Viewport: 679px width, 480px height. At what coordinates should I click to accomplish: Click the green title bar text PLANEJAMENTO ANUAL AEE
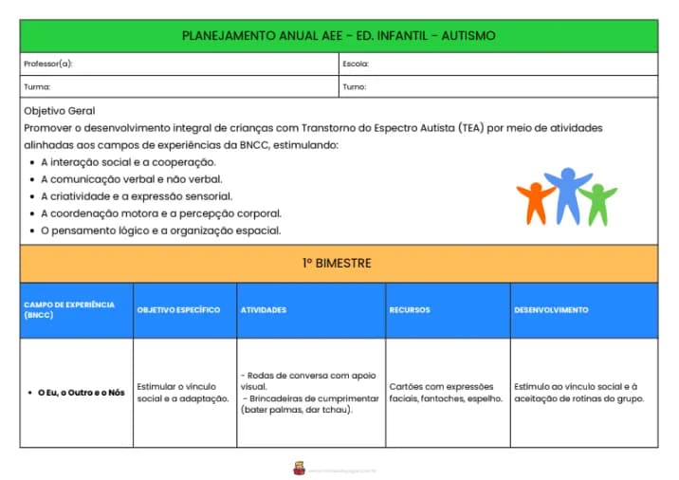click(x=339, y=36)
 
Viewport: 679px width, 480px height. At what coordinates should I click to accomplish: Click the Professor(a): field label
click(x=48, y=65)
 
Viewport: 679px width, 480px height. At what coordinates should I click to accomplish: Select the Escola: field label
click(x=356, y=65)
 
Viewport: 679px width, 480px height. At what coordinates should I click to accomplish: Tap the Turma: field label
click(x=38, y=86)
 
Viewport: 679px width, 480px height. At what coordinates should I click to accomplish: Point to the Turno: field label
click(x=355, y=86)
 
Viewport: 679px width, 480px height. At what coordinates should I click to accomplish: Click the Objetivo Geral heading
click(x=59, y=111)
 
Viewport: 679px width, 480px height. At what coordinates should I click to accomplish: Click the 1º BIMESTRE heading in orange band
click(x=339, y=263)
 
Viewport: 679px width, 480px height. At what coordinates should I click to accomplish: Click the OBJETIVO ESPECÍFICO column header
click(x=178, y=310)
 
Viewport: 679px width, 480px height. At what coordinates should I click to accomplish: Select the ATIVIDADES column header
click(x=264, y=310)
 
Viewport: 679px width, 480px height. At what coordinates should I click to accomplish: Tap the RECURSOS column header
click(x=409, y=310)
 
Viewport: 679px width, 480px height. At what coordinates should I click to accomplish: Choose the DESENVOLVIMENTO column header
click(x=551, y=310)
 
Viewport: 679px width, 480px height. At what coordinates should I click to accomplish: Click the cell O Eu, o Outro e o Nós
click(x=81, y=392)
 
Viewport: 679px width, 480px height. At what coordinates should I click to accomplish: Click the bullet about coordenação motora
click(x=160, y=213)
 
